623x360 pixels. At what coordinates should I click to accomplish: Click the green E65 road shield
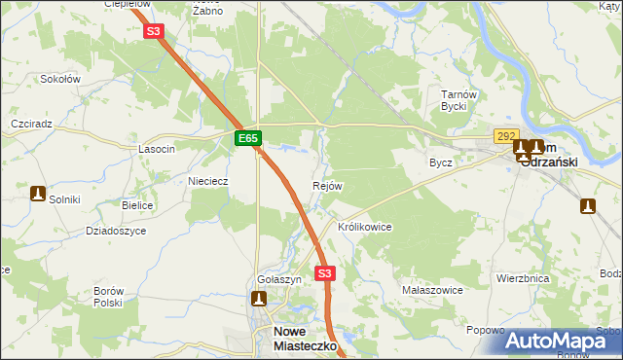tap(248, 139)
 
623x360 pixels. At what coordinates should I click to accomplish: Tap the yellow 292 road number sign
tap(505, 137)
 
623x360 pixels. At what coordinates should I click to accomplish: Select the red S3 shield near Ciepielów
tap(154, 31)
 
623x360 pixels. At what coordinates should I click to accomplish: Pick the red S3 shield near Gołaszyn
tap(325, 273)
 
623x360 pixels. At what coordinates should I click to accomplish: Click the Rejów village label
tap(328, 186)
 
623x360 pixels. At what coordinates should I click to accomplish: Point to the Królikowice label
tap(364, 227)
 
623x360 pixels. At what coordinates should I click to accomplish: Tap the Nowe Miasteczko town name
tap(302, 338)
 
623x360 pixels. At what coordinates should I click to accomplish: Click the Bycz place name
tap(441, 162)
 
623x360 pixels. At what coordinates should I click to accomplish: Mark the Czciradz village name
tap(30, 126)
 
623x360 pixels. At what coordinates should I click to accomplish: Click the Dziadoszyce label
tap(116, 231)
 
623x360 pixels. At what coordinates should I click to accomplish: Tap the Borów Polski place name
tap(107, 297)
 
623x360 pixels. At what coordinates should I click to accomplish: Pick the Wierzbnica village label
tap(523, 278)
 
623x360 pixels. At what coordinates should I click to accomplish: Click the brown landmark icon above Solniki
tap(39, 193)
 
